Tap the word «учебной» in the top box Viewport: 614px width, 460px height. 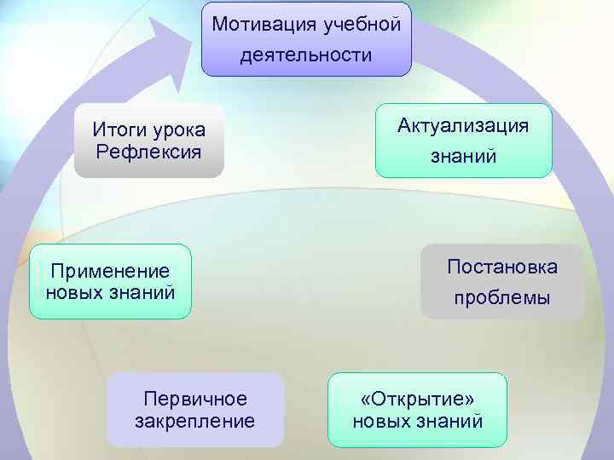[x=362, y=23]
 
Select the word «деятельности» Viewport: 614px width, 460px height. [x=306, y=56]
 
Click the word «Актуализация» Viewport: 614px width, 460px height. [x=463, y=125]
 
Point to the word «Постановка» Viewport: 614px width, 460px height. [x=502, y=267]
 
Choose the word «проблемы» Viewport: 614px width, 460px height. [x=502, y=299]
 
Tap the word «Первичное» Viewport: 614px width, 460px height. [x=195, y=399]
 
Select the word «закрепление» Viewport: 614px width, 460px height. [x=195, y=421]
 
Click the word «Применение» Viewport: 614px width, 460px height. [x=110, y=272]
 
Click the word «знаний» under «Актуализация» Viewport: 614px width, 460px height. [x=463, y=158]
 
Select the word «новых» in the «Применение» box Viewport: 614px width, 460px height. [x=74, y=293]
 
